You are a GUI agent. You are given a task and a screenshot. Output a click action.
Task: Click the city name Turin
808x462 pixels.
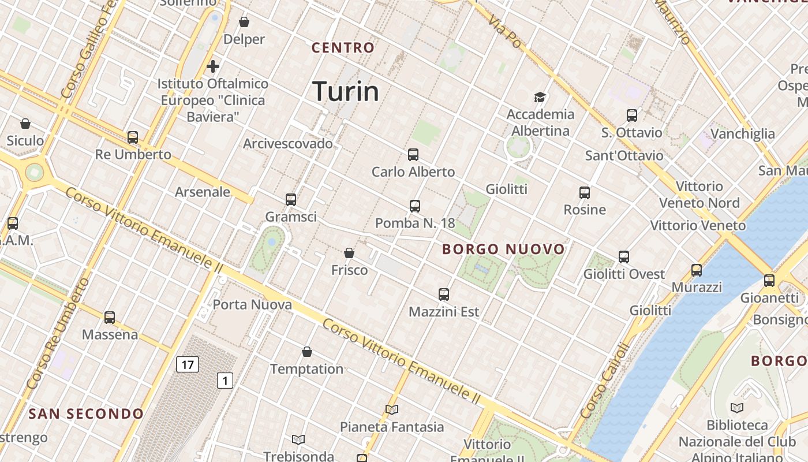pyautogui.click(x=345, y=92)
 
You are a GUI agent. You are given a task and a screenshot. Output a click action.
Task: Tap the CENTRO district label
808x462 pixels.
pyautogui.click(x=343, y=48)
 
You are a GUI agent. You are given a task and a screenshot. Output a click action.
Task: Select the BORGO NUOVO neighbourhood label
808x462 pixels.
pyautogui.click(x=503, y=249)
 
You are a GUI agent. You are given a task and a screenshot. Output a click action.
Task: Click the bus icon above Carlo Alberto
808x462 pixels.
pyautogui.click(x=413, y=154)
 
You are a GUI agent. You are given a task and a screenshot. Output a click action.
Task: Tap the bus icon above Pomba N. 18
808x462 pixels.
pyautogui.click(x=415, y=206)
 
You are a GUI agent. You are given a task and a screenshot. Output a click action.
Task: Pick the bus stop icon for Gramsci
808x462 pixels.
pyautogui.click(x=291, y=200)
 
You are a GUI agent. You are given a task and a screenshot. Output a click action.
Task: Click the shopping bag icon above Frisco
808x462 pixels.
pyautogui.click(x=349, y=253)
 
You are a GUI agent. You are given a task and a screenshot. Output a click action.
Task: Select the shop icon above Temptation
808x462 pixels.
pyautogui.click(x=307, y=352)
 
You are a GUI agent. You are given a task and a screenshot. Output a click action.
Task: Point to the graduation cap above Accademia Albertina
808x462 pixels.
pyautogui.click(x=540, y=97)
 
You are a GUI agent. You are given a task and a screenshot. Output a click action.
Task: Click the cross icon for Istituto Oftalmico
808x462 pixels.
pyautogui.click(x=213, y=66)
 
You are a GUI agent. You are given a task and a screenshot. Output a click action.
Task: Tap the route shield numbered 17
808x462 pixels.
pyautogui.click(x=188, y=364)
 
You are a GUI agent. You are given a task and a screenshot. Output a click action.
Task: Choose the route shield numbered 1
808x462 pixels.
pyautogui.click(x=225, y=381)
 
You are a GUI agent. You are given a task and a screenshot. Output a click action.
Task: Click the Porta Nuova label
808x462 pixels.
pyautogui.click(x=252, y=304)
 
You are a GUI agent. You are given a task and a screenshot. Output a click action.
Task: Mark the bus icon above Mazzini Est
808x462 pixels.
pyautogui.click(x=444, y=295)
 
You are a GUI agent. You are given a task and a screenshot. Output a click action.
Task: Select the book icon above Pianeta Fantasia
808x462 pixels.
pyautogui.click(x=392, y=410)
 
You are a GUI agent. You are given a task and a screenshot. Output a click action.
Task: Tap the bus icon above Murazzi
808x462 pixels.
pyautogui.click(x=697, y=270)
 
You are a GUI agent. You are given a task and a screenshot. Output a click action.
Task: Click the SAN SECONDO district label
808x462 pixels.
pyautogui.click(x=86, y=413)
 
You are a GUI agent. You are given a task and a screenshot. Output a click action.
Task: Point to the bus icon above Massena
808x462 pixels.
pyautogui.click(x=110, y=317)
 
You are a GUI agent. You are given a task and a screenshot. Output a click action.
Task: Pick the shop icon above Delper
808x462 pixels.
pyautogui.click(x=244, y=22)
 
